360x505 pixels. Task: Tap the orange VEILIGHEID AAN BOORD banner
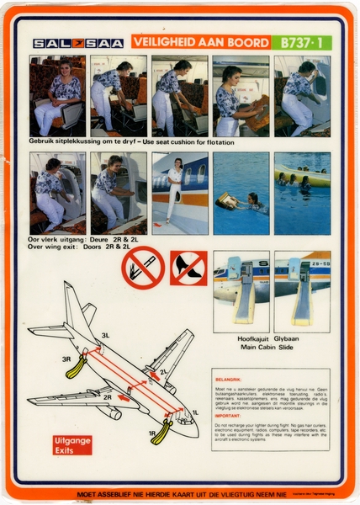199,42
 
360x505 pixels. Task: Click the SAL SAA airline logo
77,43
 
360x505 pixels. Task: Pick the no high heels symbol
188,268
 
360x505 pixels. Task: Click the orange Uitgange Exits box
72,444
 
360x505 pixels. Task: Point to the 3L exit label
105,335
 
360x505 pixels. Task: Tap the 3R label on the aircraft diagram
67,359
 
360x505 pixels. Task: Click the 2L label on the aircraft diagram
163,370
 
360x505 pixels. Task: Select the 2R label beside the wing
108,396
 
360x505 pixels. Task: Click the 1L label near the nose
194,412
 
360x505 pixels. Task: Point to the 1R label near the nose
151,433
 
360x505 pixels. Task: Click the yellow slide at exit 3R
77,367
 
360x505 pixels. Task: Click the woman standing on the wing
174,190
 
